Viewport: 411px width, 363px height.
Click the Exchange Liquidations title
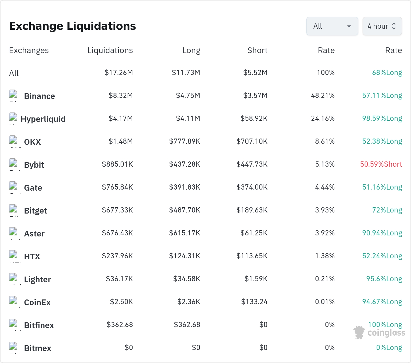pos(72,26)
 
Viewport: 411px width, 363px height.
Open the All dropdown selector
pos(332,26)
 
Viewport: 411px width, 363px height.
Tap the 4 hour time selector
pos(382,26)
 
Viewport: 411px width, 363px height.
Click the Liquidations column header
pos(110,50)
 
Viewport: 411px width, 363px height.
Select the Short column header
pos(257,50)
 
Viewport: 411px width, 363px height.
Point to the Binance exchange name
pos(40,96)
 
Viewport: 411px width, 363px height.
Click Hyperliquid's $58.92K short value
pos(254,118)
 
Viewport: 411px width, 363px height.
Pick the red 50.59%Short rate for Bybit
pos(381,164)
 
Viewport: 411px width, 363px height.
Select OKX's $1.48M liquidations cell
pos(121,141)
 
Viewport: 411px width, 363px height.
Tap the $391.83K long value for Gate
pos(185,187)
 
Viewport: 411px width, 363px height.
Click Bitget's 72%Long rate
pos(387,210)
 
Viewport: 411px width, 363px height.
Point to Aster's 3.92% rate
pos(325,233)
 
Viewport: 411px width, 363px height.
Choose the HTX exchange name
pos(32,256)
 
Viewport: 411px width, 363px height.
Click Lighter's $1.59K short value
pos(256,279)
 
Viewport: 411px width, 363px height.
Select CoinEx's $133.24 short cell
pos(254,302)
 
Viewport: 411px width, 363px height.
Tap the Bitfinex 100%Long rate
pos(385,325)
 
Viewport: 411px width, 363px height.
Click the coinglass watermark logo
pos(379,333)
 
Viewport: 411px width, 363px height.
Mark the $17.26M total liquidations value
pos(119,73)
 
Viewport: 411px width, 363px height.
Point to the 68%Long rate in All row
pos(387,73)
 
